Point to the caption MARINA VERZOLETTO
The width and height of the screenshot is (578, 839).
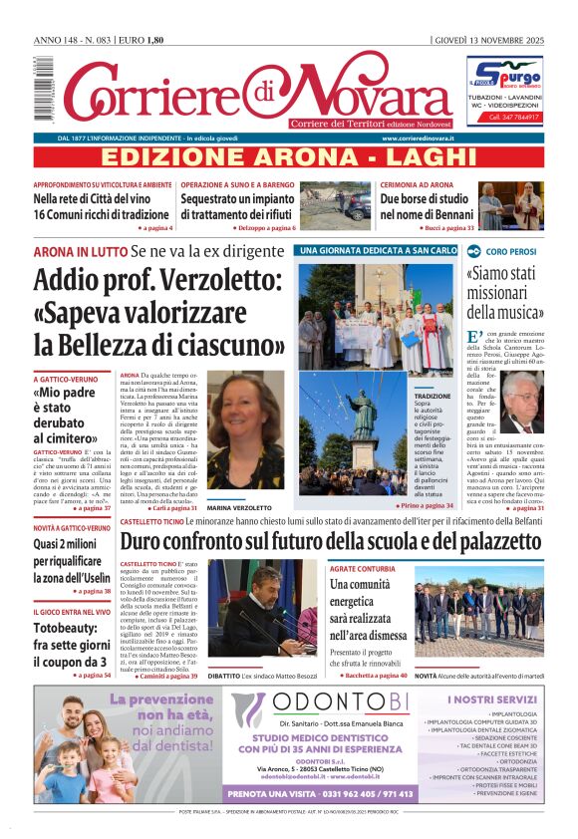click(239, 507)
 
